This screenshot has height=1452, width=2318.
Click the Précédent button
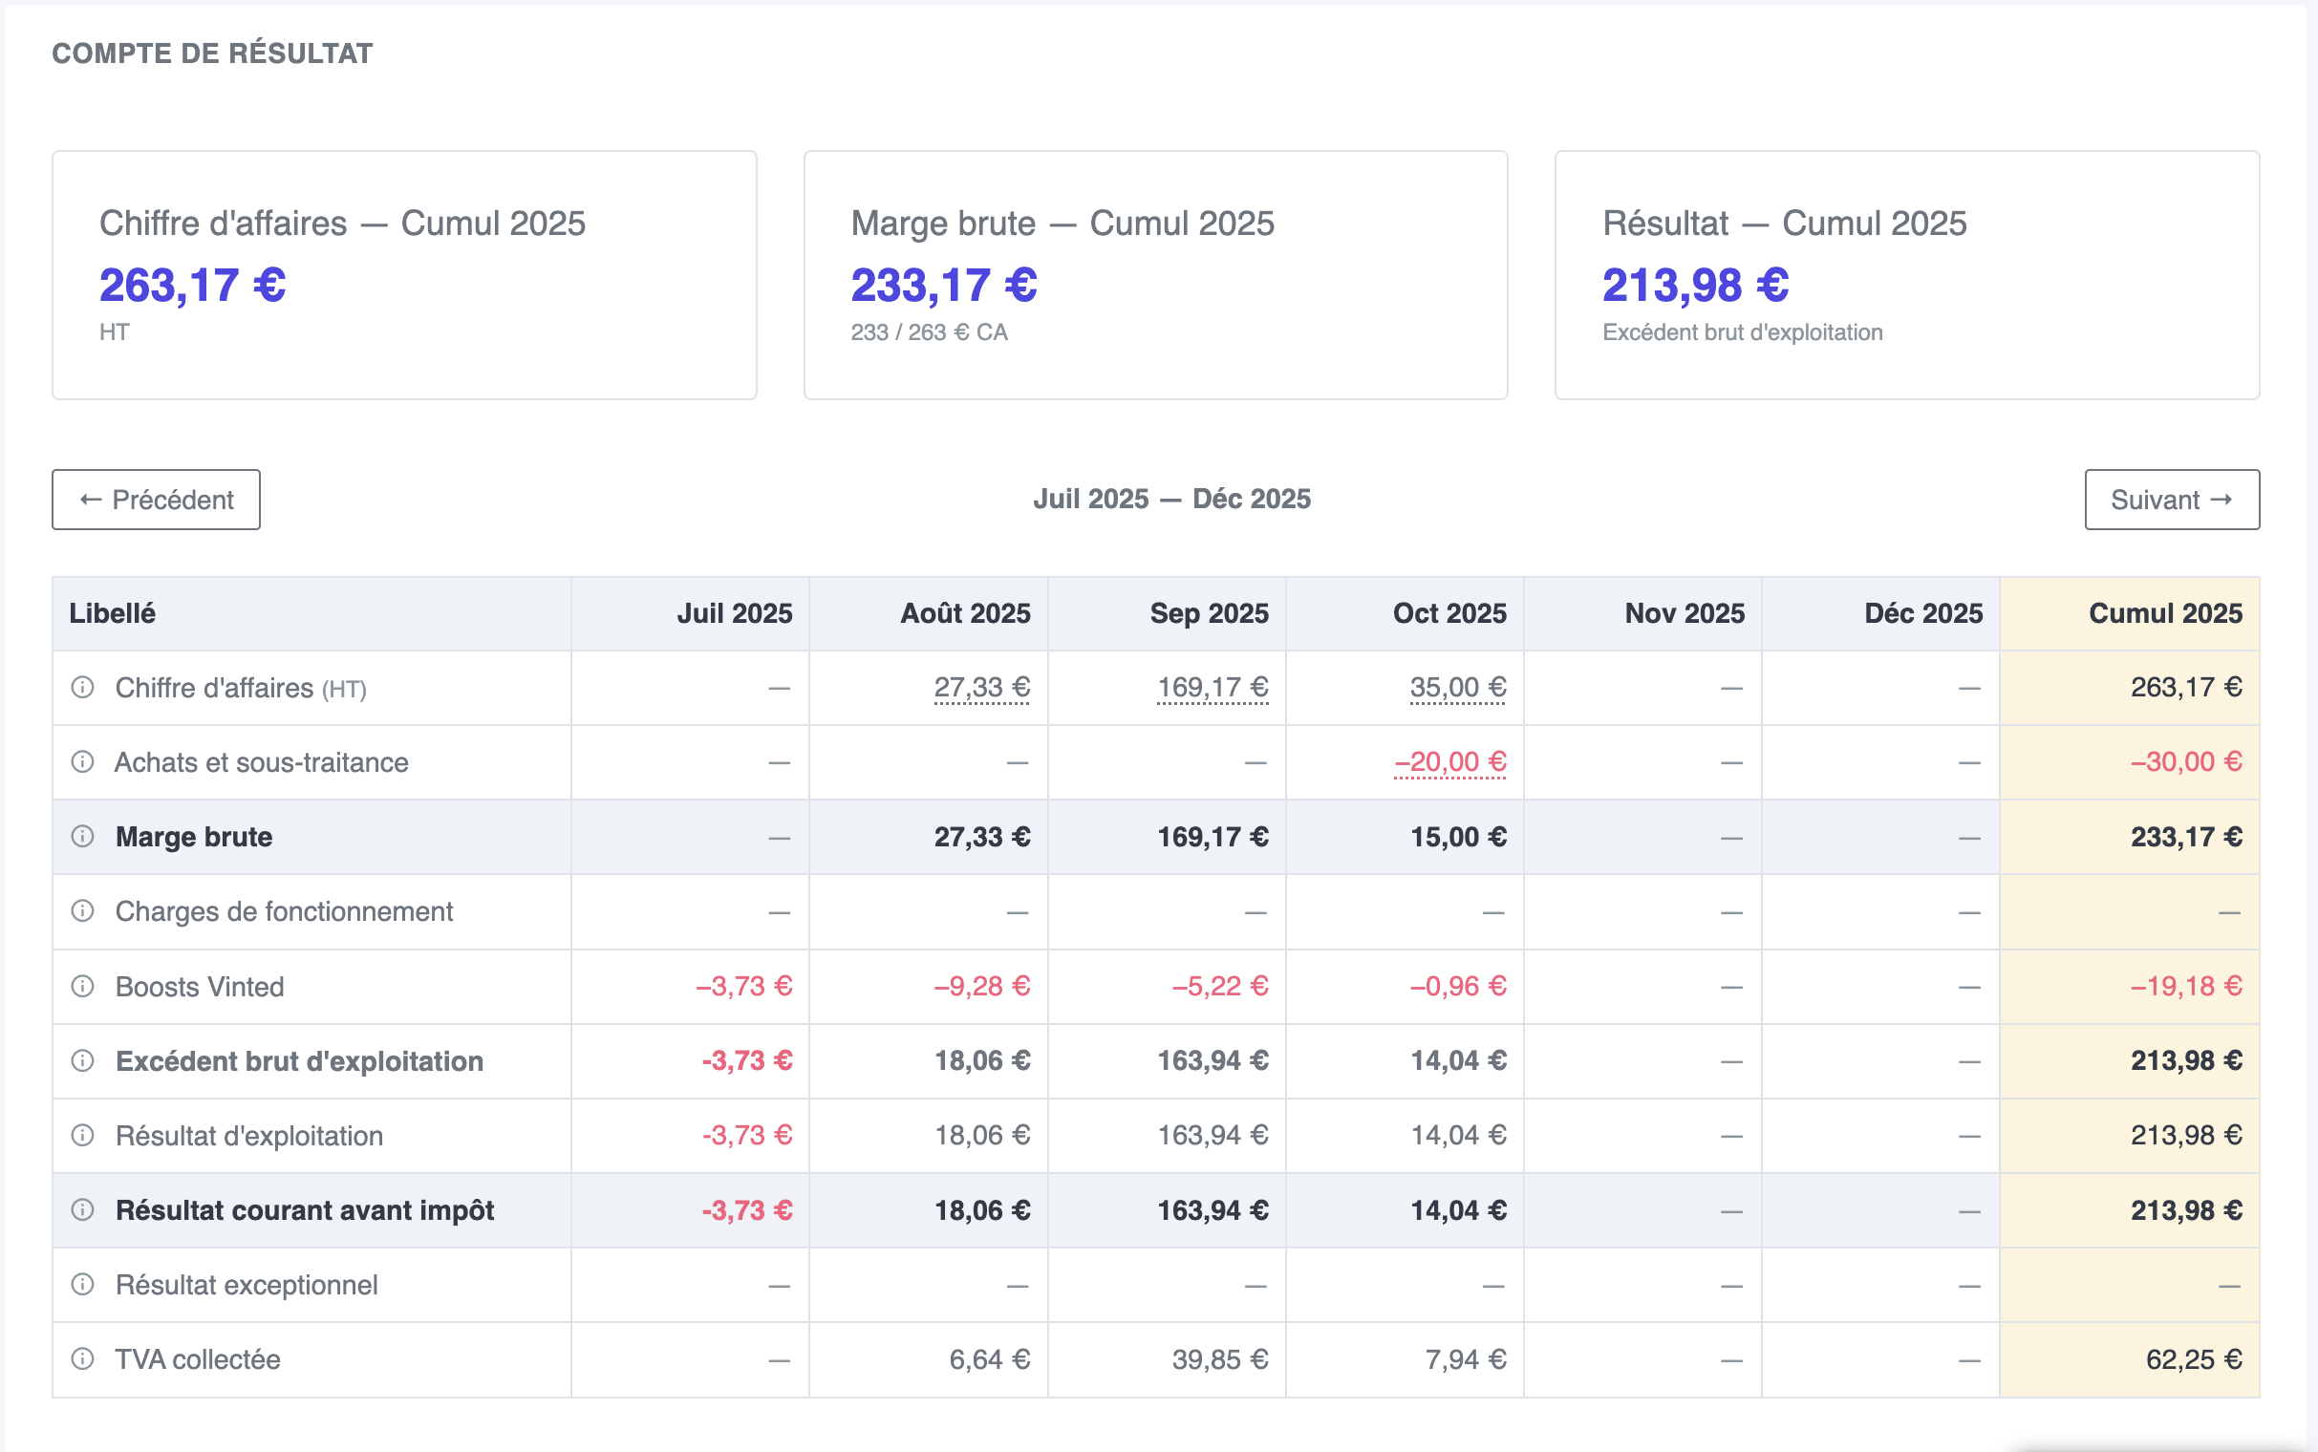156,500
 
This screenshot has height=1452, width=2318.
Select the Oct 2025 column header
1449,613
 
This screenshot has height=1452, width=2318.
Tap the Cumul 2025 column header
2165,613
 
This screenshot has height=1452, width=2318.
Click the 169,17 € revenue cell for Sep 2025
1213,688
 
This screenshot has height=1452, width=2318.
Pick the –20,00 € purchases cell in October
1450,762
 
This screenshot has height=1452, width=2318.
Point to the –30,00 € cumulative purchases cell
2186,762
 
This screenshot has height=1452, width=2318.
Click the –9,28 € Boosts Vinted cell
982,986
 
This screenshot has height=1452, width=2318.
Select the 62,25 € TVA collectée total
2194,1359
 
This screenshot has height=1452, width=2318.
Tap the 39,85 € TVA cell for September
1220,1359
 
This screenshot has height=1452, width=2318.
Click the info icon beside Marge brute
82,837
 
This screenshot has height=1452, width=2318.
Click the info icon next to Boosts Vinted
82,986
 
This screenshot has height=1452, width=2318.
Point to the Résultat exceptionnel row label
247,1285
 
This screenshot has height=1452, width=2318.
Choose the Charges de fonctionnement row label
284,911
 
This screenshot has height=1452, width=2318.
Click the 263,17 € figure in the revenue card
193,286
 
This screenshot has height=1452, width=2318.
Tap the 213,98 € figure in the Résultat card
1696,286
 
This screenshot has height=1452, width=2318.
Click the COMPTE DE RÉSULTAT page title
212,53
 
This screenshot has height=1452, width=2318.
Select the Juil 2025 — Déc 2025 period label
1171,500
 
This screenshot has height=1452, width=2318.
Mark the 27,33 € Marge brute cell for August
982,838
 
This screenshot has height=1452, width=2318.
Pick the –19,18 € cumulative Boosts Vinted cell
2186,986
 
